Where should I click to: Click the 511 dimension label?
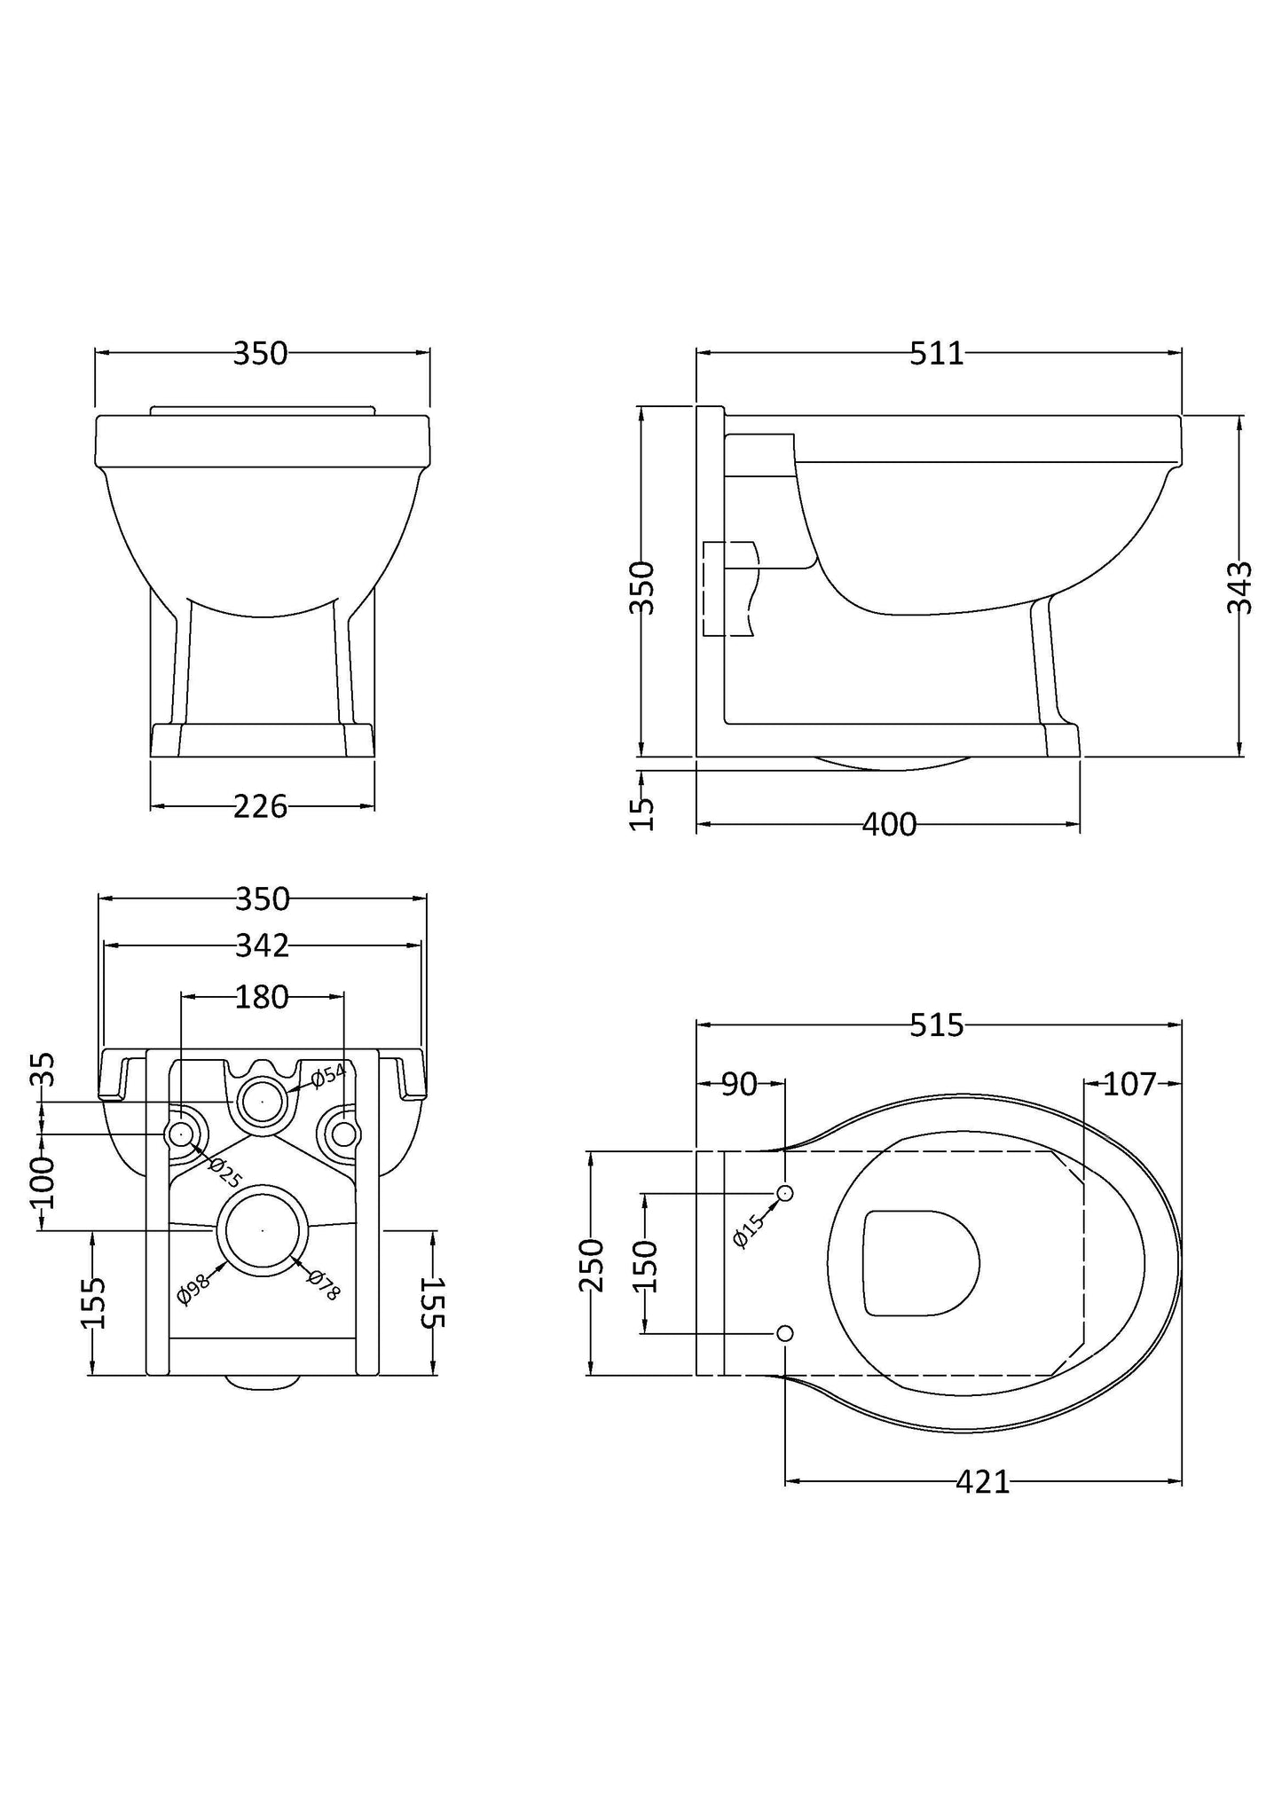point(937,354)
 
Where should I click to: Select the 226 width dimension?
point(260,806)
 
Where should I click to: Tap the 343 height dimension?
point(1239,587)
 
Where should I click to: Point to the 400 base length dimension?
point(889,825)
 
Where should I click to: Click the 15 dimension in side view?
point(641,812)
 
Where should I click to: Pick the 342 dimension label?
point(263,946)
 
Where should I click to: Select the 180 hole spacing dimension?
point(263,997)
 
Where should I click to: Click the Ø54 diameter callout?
point(327,1075)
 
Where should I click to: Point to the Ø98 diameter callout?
point(193,1289)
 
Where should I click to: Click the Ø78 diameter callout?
point(324,1285)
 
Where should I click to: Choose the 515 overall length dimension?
point(937,1025)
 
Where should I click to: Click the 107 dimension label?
point(1129,1084)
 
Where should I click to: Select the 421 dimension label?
point(983,1482)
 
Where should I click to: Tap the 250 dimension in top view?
point(593,1265)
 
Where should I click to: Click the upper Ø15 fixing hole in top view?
point(784,1193)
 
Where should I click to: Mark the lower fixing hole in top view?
point(784,1333)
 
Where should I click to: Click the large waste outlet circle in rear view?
point(263,1230)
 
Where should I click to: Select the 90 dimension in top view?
point(738,1084)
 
